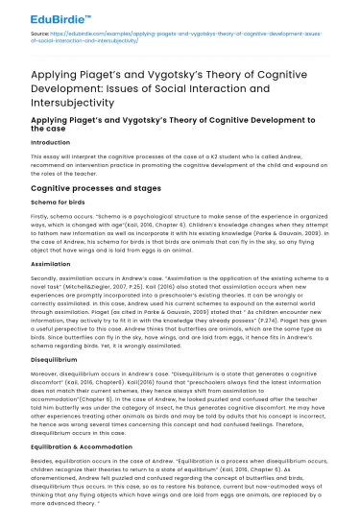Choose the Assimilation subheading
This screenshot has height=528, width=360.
tap(52, 263)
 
